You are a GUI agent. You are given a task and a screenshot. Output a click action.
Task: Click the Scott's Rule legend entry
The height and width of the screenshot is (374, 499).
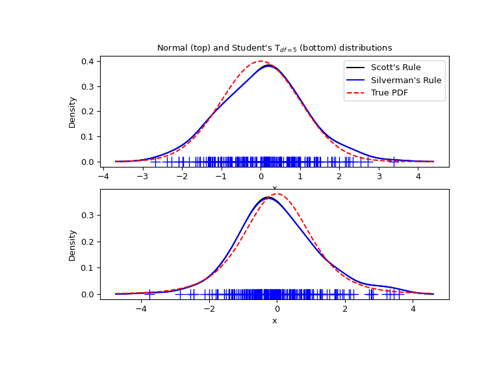click(x=395, y=68)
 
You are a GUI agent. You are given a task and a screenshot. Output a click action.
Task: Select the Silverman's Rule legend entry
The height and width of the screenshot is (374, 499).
click(x=405, y=81)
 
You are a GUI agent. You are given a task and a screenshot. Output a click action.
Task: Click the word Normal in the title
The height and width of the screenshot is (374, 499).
click(x=171, y=48)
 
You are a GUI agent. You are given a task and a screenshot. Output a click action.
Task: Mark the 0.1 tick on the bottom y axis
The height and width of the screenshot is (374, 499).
click(x=88, y=268)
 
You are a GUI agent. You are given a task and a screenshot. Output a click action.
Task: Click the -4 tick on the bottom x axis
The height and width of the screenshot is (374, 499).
click(x=141, y=308)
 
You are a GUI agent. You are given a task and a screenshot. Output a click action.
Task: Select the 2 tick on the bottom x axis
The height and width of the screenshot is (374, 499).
click(x=345, y=308)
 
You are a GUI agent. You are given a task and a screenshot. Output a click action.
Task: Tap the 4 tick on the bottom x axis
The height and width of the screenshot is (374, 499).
click(x=413, y=308)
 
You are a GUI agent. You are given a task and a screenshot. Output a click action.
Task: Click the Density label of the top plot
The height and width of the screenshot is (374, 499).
click(x=73, y=112)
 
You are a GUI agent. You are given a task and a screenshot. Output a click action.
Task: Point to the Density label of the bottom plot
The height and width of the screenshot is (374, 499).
click(x=73, y=245)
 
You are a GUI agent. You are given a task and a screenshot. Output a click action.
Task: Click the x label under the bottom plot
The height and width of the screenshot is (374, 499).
click(x=274, y=321)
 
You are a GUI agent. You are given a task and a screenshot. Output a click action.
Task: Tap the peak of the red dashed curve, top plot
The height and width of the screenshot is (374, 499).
click(x=261, y=62)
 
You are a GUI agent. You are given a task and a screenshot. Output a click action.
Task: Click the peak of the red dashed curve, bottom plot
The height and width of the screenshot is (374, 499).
click(x=277, y=193)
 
